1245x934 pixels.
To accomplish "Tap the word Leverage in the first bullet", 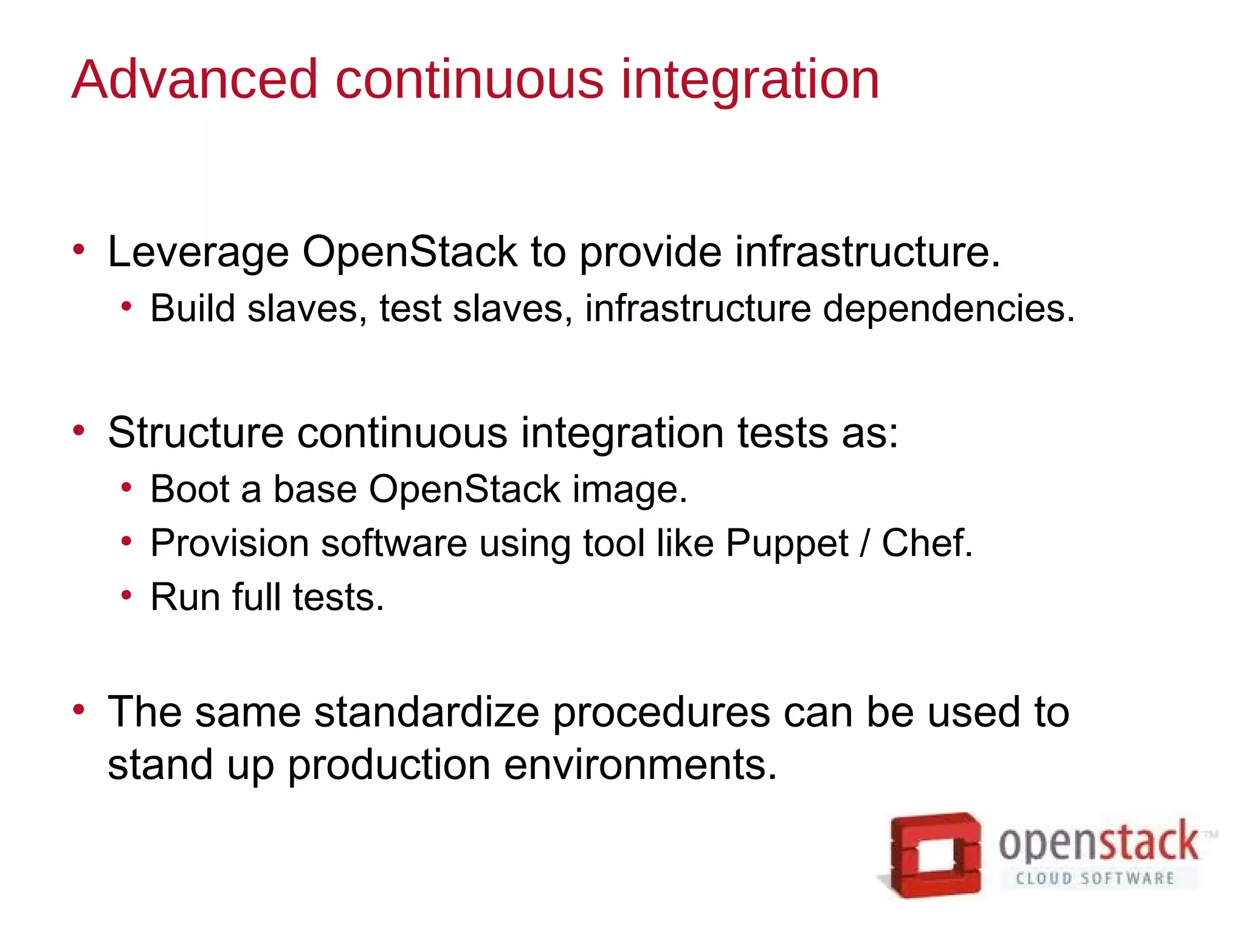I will click(198, 252).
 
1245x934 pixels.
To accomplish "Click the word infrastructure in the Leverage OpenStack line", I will click(867, 251).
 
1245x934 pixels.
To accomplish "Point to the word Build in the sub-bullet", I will click(193, 308).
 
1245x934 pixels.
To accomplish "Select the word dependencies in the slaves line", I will click(948, 310).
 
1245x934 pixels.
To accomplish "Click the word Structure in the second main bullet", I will click(196, 433).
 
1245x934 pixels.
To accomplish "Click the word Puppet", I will click(787, 544).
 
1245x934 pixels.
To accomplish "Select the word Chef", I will click(926, 542).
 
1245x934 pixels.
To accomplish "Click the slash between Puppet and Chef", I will click(865, 543).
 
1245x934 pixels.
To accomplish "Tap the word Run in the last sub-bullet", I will click(185, 597).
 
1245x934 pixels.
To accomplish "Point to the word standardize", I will click(427, 712).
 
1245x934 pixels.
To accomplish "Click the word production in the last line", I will click(389, 766).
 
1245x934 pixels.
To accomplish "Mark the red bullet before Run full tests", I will click(126, 595).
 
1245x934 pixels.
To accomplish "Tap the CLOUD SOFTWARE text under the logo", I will click(1095, 879).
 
